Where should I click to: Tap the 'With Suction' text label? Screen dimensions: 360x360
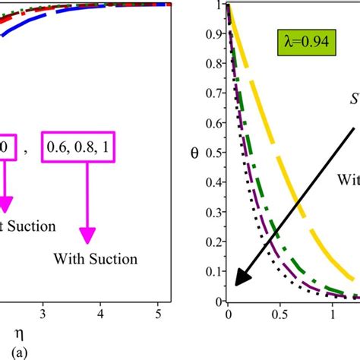point(96,259)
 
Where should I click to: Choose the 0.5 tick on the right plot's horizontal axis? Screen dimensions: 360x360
point(281,310)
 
